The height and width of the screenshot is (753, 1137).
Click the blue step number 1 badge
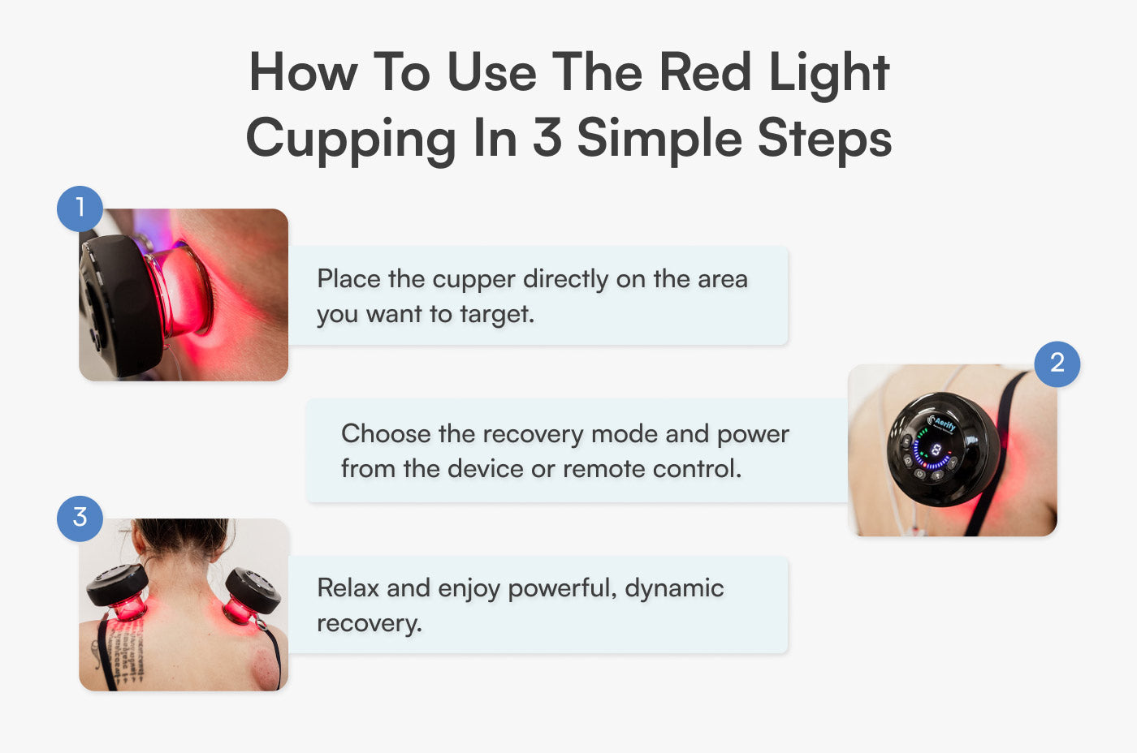80,209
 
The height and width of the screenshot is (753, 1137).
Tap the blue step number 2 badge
1057,364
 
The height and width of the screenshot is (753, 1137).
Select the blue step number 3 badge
80,518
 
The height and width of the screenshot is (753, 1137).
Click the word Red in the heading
704,73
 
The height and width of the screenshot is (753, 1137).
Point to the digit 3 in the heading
547,138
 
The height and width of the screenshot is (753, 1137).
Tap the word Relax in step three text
348,588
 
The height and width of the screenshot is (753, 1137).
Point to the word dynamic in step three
673,589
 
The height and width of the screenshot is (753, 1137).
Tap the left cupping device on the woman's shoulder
119,588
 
